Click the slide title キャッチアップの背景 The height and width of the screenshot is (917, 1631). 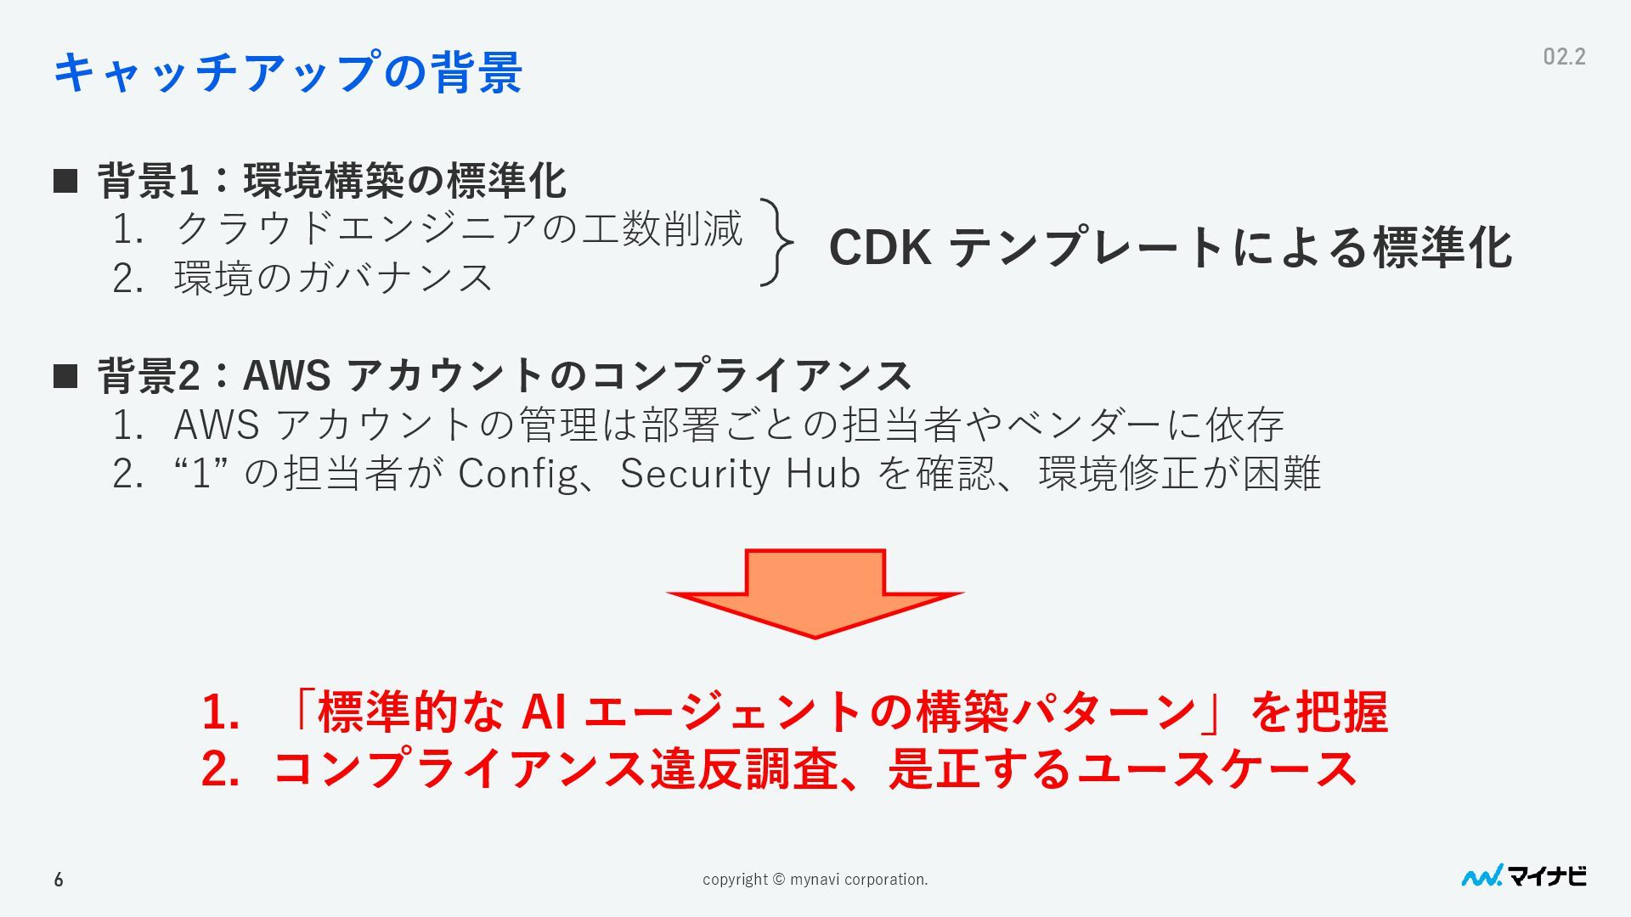pos(287,71)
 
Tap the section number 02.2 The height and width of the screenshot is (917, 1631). pos(1564,57)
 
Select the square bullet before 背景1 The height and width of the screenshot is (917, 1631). pos(65,181)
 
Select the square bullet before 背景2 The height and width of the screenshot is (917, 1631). pos(65,375)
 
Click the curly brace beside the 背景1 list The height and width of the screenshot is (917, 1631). pos(776,243)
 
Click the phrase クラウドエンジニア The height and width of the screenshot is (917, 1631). pos(357,228)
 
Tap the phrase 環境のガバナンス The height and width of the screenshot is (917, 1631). pos(333,278)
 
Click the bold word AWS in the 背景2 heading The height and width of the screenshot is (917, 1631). pos(286,375)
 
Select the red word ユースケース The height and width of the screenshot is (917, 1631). pos(1216,768)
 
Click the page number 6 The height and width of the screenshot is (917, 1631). pos(59,880)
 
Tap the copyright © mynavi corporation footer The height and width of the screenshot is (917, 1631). pos(815,880)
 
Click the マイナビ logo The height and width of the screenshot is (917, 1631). pos(1523,876)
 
